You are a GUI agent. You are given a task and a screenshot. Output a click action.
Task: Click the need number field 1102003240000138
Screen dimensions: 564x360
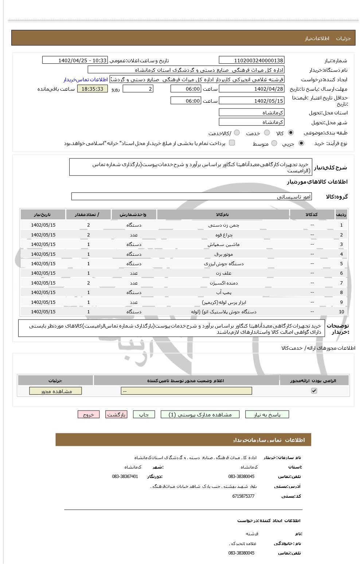pyautogui.click(x=251, y=60)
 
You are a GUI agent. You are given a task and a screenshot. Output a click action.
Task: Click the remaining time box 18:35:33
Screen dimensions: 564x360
pyautogui.click(x=93, y=89)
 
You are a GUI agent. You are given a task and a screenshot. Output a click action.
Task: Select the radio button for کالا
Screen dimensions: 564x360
pyautogui.click(x=291, y=133)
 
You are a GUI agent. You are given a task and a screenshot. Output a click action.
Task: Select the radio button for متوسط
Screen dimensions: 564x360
pyautogui.click(x=274, y=144)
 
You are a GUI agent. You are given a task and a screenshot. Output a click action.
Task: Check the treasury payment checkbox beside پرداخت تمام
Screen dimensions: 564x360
pyautogui.click(x=232, y=143)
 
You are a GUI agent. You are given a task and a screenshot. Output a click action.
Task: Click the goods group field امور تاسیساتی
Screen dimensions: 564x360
pyautogui.click(x=191, y=197)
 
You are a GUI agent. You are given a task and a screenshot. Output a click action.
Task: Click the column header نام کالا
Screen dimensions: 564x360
pyautogui.click(x=223, y=215)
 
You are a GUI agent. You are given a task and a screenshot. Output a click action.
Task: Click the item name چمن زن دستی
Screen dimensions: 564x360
pyautogui.click(x=224, y=225)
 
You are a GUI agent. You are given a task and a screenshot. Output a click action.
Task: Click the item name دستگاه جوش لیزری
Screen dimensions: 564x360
pyautogui.click(x=224, y=264)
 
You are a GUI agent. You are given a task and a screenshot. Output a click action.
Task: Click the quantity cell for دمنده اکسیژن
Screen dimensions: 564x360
pyautogui.click(x=89, y=283)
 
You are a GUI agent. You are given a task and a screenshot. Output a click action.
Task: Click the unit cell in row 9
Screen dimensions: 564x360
pyautogui.click(x=134, y=302)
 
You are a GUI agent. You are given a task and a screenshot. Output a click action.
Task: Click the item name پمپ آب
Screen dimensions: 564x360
pyautogui.click(x=224, y=293)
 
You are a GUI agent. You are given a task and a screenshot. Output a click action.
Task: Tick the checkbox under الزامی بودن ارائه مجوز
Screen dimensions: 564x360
pyautogui.click(x=314, y=391)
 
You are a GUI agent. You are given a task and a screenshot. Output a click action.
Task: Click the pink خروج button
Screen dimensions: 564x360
pyautogui.click(x=89, y=415)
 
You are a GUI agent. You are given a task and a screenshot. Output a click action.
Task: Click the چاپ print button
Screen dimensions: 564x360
pyautogui.click(x=144, y=415)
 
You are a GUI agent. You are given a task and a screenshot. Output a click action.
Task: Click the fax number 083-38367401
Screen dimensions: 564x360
pyautogui.click(x=125, y=477)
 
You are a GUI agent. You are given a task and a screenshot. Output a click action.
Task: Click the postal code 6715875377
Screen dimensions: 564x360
pyautogui.click(x=243, y=496)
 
